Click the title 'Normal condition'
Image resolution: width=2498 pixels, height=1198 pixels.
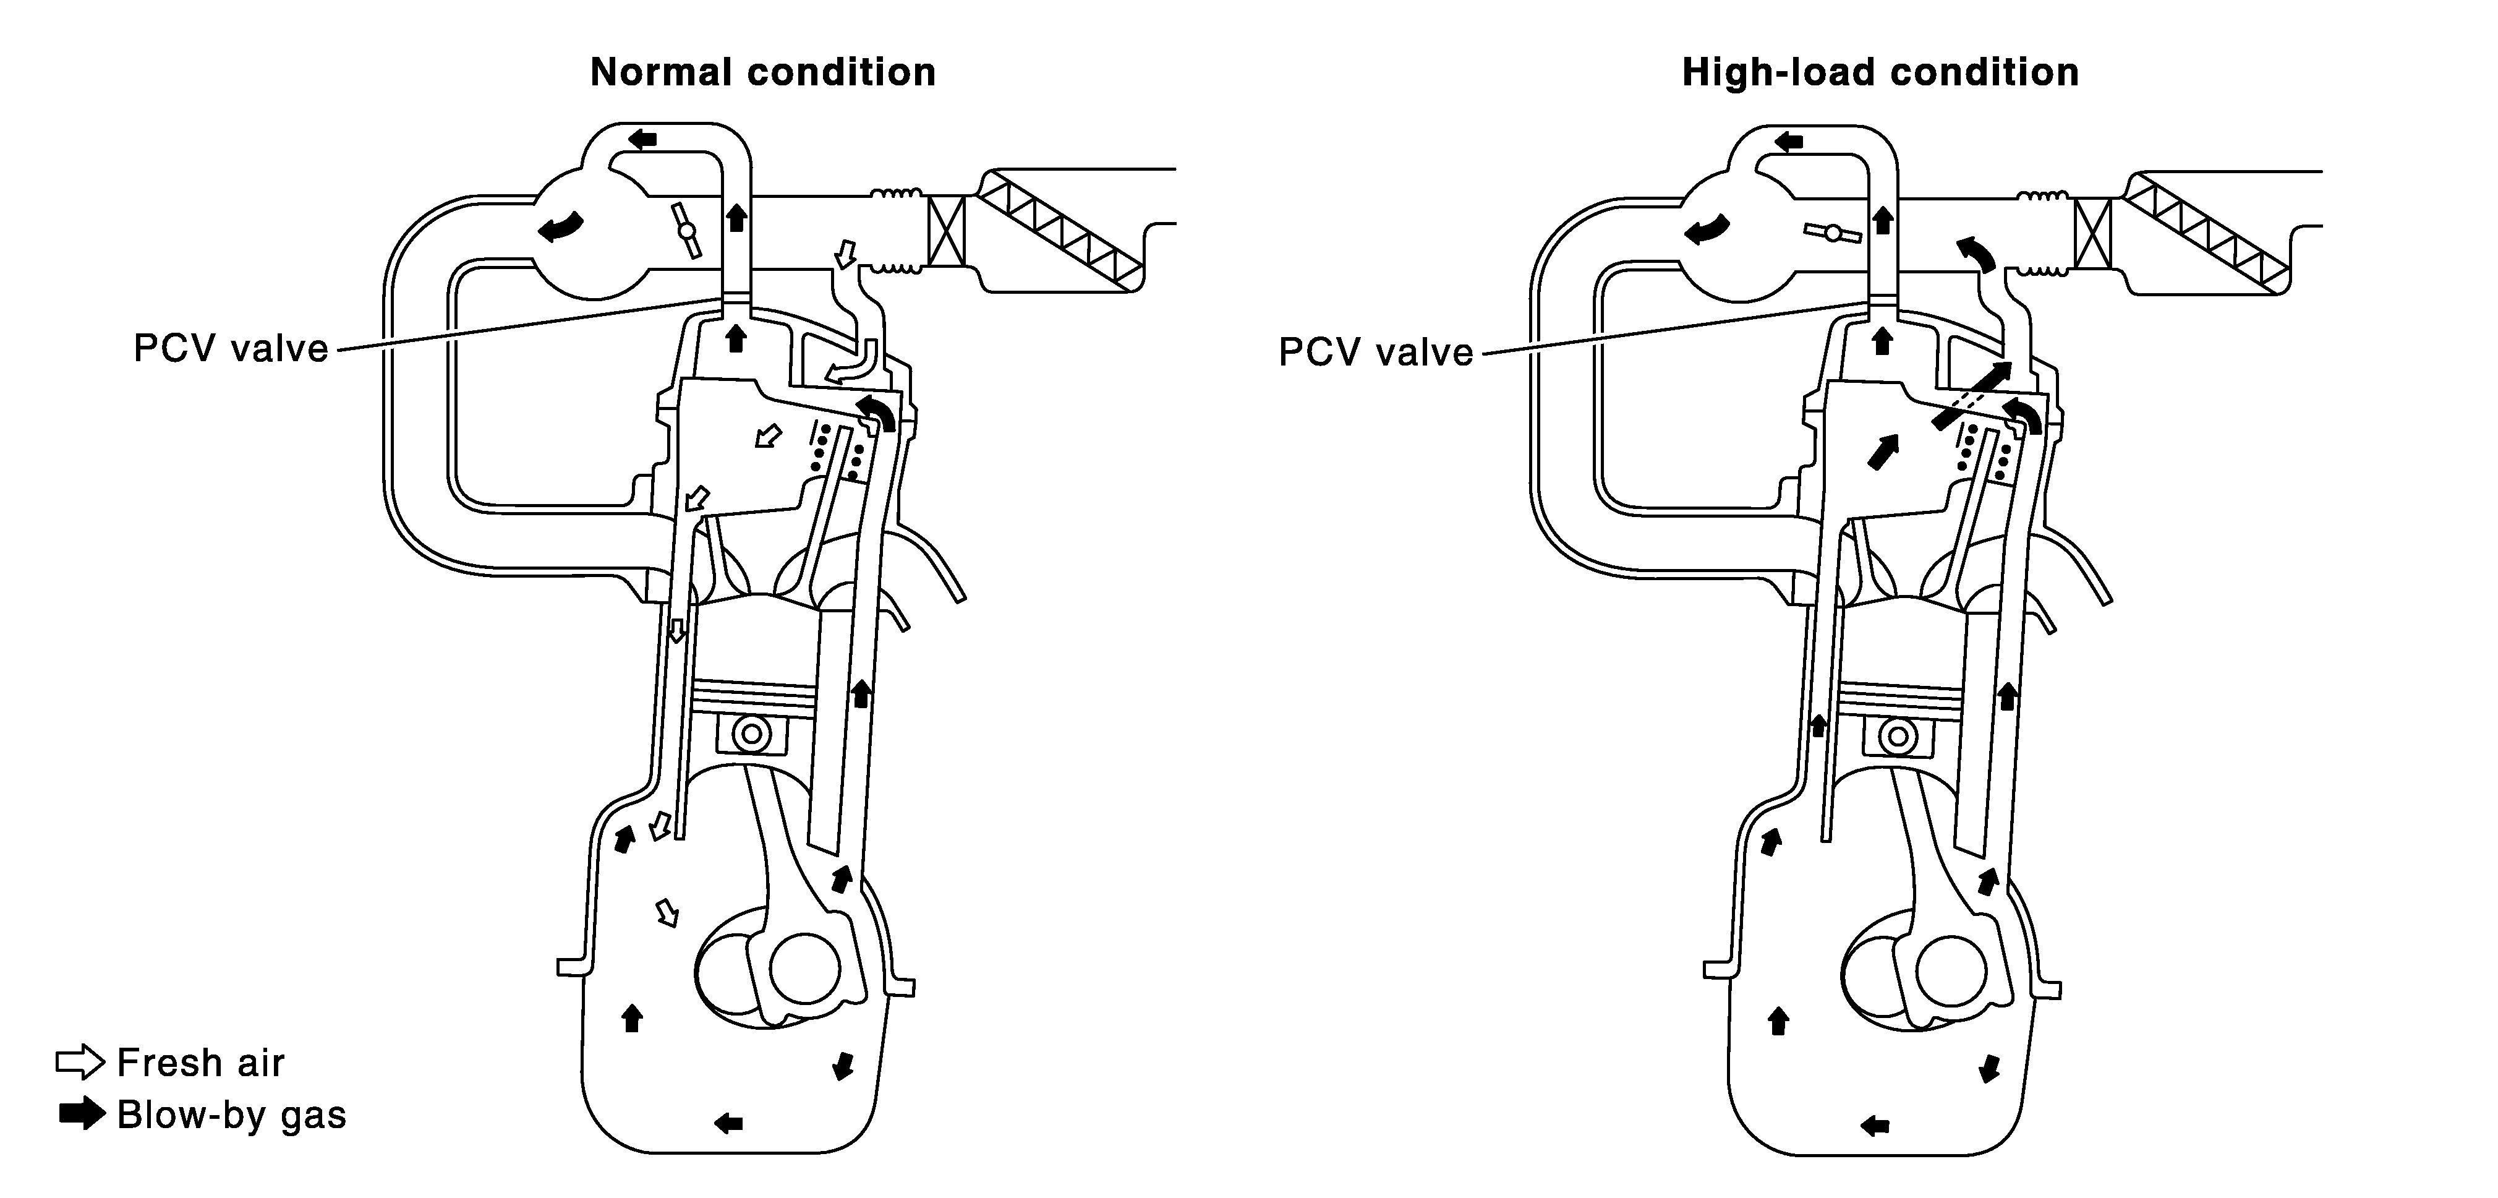pos(762,73)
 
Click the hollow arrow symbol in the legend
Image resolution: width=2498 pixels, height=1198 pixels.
pos(80,1062)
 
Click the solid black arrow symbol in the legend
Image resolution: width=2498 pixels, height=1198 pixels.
pos(82,1114)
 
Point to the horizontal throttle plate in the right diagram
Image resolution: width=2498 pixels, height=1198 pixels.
pos(1832,233)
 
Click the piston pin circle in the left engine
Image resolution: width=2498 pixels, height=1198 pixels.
pos(751,734)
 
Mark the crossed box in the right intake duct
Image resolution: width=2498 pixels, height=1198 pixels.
pos(2092,233)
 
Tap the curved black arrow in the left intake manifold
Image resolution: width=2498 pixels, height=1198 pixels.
pos(563,229)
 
